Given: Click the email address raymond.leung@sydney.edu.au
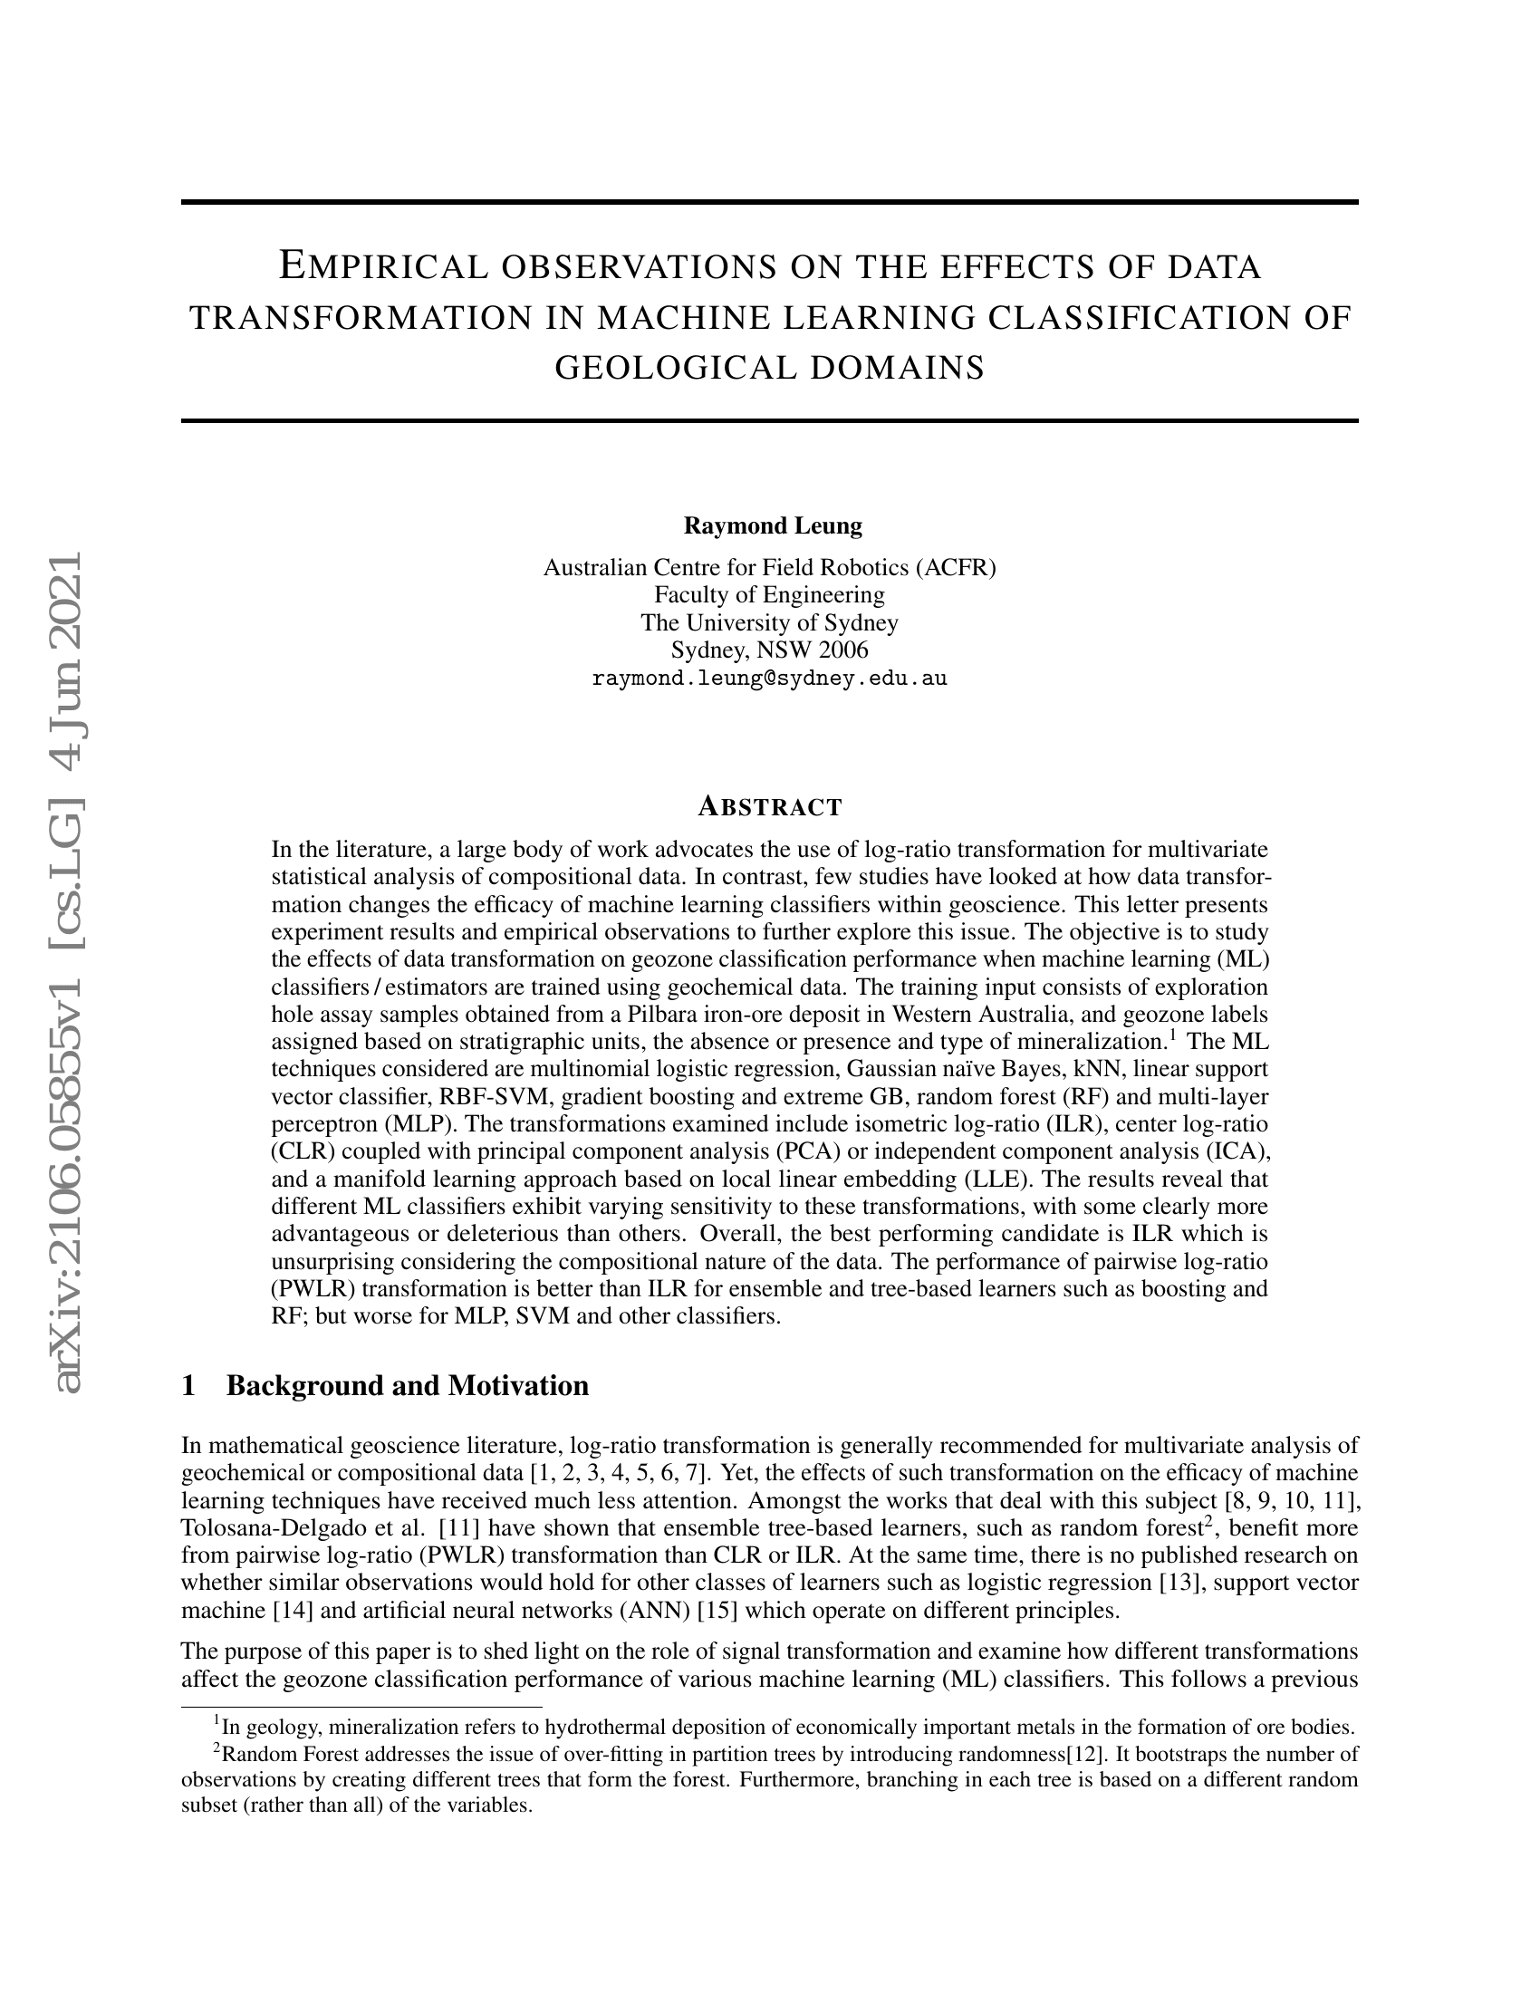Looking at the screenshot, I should (769, 679).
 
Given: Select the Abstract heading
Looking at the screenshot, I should (769, 807).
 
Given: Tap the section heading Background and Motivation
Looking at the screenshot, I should (407, 1386).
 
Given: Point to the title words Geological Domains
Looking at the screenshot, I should (769, 368).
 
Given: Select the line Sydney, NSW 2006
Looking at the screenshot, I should (769, 650).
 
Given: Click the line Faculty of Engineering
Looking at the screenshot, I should (769, 595).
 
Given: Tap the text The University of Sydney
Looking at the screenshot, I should (769, 623).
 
